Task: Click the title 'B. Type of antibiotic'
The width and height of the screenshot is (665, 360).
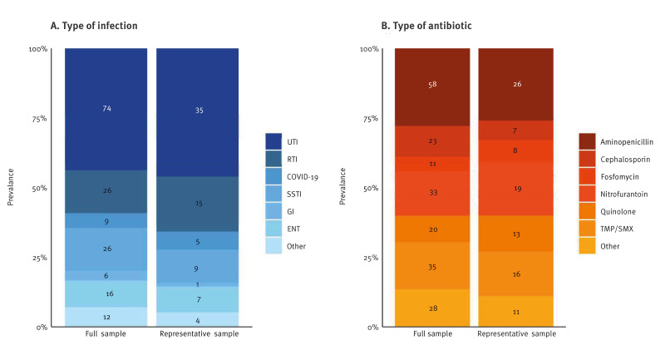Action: (x=424, y=26)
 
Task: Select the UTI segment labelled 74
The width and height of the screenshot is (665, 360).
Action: (x=106, y=108)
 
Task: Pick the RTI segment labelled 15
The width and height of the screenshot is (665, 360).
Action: (x=198, y=204)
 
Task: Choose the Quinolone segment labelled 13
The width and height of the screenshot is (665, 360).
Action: (x=517, y=234)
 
